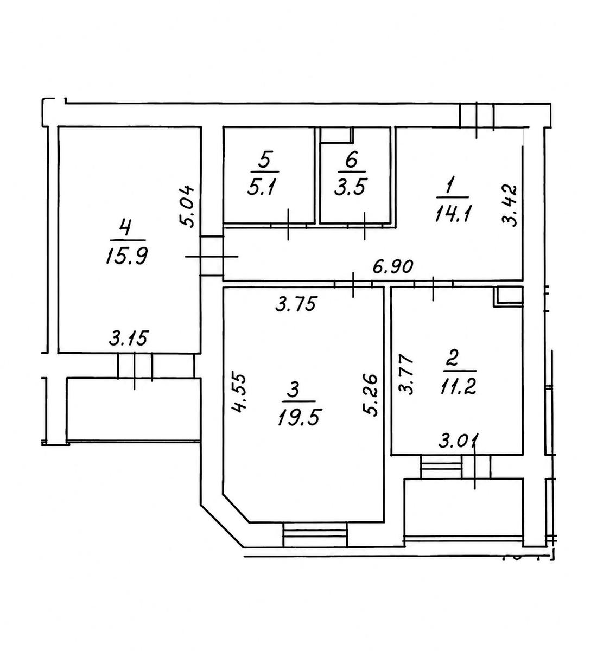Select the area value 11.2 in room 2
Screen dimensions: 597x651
458,386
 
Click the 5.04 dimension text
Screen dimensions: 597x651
187,206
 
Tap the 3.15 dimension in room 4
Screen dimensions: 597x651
129,338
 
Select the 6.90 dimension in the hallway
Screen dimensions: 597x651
393,267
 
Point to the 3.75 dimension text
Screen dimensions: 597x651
296,304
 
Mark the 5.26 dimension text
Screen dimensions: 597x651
371,395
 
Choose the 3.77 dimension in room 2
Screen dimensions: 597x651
407,374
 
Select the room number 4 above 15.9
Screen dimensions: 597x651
125,228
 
